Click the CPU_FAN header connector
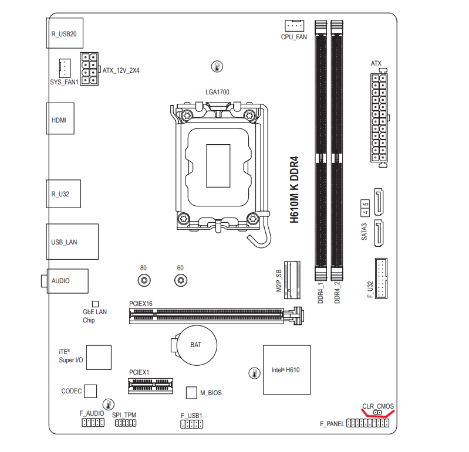tap(294, 25)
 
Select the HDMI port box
tap(60, 118)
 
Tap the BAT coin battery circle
tap(197, 345)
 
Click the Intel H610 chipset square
tap(287, 370)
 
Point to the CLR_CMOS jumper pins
tap(378, 413)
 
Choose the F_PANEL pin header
tap(367, 423)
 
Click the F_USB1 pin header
tap(192, 424)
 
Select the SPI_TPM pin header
tap(126, 423)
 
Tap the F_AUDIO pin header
tap(93, 423)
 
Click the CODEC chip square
tap(90, 392)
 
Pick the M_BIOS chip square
tap(191, 393)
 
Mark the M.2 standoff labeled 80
tap(144, 280)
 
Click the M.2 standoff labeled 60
tap(181, 280)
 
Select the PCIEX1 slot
tap(151, 386)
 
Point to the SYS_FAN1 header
tap(65, 68)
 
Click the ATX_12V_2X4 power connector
tap(89, 69)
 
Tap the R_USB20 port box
tap(65, 33)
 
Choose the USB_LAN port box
tap(72, 242)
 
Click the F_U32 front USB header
tap(381, 278)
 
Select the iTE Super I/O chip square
tap(99, 358)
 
